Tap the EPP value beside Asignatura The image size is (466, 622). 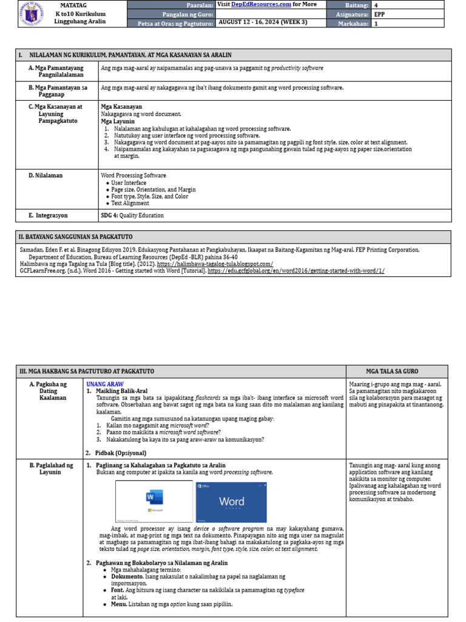[379, 13]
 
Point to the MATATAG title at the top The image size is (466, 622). [80, 5]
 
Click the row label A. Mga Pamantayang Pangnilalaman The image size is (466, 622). [56, 71]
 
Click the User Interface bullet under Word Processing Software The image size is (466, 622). [129, 182]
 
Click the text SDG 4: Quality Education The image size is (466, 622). [132, 216]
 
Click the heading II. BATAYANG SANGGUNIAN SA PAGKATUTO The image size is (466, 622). [76, 236]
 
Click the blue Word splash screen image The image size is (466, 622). [231, 502]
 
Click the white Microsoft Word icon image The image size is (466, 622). [154, 502]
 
